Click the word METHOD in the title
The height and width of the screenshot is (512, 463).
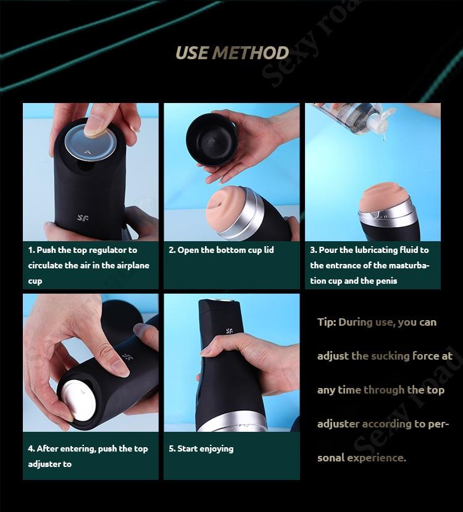coord(251,53)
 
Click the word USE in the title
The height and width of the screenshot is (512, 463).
coord(192,53)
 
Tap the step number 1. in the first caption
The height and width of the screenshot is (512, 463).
coord(31,250)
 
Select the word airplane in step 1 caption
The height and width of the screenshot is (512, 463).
coord(133,266)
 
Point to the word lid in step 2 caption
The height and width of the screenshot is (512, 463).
coord(269,250)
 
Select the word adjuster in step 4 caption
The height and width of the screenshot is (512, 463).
coord(44,465)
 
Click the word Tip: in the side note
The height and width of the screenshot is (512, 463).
coord(327,323)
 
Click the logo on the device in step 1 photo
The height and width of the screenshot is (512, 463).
coord(83,218)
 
